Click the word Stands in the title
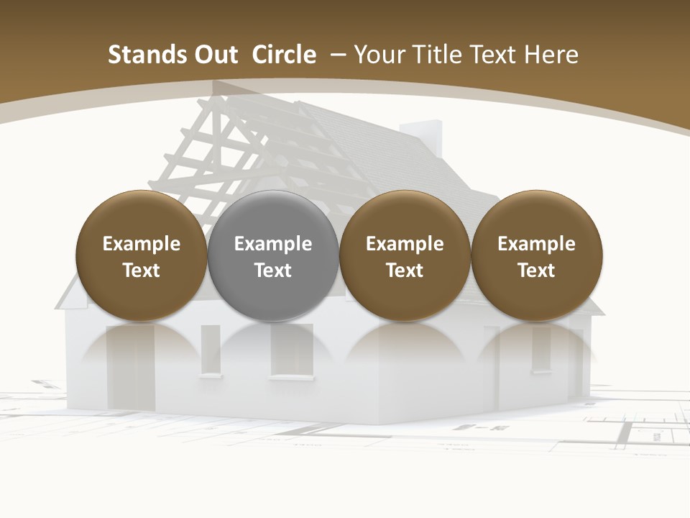point(140,55)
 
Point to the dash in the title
point(338,55)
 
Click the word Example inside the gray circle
point(273,244)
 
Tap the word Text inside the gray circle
point(273,271)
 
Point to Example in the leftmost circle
point(142,244)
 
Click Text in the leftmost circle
point(142,271)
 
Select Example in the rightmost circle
point(536,244)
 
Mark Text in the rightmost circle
point(536,271)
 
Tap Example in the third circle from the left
point(405,244)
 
